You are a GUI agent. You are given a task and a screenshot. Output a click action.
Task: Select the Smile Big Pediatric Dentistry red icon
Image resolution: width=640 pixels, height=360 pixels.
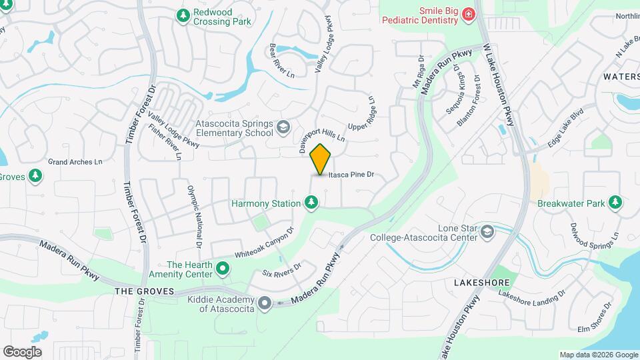[x=469, y=14]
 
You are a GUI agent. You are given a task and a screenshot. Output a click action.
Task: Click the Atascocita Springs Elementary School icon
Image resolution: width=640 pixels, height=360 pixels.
[x=283, y=127]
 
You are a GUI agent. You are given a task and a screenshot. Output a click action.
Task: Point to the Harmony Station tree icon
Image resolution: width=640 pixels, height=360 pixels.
[x=310, y=201]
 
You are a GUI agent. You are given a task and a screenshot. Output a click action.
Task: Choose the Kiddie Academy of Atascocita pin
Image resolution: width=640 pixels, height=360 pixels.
[x=264, y=303]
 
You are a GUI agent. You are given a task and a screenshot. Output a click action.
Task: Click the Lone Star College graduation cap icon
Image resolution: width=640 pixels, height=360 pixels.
[x=487, y=231]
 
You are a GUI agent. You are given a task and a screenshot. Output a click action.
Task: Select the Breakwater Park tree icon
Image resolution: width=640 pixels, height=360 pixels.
[x=615, y=202]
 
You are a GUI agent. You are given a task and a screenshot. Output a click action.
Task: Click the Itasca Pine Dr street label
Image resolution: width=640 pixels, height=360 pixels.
[x=352, y=175]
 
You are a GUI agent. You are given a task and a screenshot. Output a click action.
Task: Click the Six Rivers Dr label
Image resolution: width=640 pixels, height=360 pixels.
[x=281, y=269]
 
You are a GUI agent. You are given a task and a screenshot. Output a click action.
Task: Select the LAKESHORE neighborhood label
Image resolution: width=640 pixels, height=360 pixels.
[x=477, y=283]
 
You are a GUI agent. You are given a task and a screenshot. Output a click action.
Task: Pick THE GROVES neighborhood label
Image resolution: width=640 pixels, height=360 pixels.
[x=144, y=291]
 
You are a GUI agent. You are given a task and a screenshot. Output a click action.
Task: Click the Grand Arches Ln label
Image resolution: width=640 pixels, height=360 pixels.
[x=75, y=161]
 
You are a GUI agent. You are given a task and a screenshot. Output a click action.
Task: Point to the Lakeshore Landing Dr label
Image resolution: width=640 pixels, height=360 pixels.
[x=532, y=298]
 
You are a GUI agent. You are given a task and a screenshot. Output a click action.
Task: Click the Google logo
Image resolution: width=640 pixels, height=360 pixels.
[x=22, y=351]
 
